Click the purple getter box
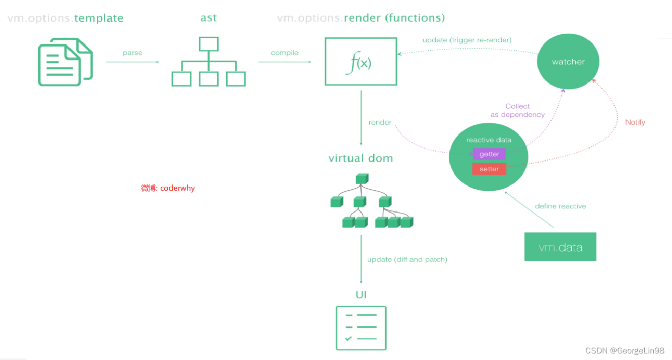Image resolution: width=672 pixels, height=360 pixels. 489,154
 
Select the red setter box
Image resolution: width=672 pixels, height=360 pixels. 489,169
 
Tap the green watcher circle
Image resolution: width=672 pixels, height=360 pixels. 568,62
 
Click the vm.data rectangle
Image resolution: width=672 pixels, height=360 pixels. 560,247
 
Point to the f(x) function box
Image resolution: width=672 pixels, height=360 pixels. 361,61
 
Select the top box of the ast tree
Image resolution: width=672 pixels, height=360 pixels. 208,44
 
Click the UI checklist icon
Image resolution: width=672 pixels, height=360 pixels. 361,328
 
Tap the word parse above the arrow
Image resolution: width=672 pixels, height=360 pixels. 132,53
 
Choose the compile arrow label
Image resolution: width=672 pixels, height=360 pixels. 285,53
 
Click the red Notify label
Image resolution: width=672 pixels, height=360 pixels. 635,122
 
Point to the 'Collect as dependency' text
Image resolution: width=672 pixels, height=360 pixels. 517,110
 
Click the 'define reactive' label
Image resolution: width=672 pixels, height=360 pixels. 560,206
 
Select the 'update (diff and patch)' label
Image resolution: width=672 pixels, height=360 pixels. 407,259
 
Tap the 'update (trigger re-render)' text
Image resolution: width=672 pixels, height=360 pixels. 467,40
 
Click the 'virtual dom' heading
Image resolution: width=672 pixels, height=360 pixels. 361,159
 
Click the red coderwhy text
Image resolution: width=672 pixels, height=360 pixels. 168,188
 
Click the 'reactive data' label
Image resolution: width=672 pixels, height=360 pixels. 489,140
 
